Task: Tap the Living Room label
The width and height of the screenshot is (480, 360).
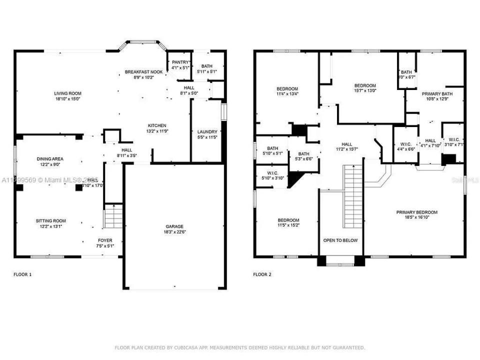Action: point(68,93)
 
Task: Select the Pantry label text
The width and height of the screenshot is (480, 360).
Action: point(180,62)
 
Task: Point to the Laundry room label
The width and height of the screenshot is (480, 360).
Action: point(207,131)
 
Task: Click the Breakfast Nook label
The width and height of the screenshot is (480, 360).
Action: point(143,72)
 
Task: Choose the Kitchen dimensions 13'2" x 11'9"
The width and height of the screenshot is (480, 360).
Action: point(157,131)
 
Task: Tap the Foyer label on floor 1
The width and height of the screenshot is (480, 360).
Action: point(105,240)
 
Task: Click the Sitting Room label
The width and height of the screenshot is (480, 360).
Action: point(50,221)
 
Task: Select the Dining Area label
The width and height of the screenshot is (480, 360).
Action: point(50,159)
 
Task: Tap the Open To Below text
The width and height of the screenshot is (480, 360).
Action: point(340,240)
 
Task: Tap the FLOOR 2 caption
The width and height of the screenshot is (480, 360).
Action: point(262,274)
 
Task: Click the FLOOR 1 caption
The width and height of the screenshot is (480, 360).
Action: point(22,274)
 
